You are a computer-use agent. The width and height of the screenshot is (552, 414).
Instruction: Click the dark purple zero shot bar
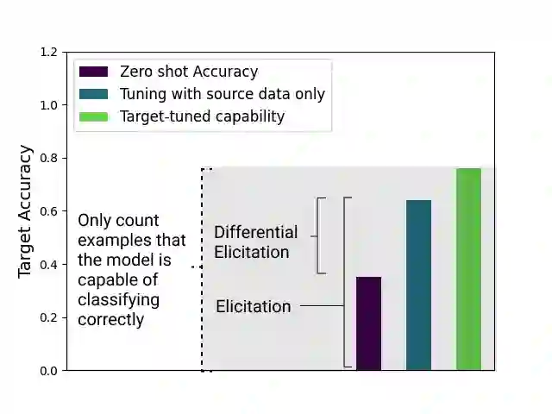click(x=368, y=323)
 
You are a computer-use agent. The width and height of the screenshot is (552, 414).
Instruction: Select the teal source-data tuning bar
click(x=418, y=285)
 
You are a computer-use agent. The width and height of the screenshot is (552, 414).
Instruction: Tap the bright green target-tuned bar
click(x=468, y=269)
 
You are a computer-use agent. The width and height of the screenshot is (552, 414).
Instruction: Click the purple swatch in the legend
click(x=93, y=72)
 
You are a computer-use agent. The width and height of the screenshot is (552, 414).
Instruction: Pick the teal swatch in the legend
click(x=93, y=94)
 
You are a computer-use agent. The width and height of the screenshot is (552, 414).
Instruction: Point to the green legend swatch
click(x=93, y=116)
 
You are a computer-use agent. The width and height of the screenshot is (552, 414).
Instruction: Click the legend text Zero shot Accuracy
click(x=189, y=72)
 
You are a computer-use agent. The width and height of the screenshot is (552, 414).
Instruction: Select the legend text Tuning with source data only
click(x=223, y=94)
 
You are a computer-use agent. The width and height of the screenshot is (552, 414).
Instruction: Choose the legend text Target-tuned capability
click(x=202, y=116)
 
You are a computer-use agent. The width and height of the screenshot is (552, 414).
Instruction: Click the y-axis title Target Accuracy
click(x=25, y=211)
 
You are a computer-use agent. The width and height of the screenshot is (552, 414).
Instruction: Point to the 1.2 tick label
click(x=48, y=53)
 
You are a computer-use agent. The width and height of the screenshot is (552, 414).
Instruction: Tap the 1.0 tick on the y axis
click(x=48, y=105)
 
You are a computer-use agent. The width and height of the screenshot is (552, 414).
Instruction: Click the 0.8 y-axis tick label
click(x=48, y=159)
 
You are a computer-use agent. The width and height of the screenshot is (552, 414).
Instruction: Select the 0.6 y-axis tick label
click(x=48, y=211)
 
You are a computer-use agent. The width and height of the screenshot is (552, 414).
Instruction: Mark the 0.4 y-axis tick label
click(x=48, y=265)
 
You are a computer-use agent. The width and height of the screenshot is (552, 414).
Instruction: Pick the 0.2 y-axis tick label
click(x=48, y=317)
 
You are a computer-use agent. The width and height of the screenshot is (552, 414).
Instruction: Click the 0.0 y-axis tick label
click(x=48, y=371)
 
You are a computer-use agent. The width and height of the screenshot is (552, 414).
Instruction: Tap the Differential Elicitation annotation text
click(x=255, y=242)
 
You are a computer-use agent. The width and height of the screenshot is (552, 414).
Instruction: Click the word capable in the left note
click(x=106, y=280)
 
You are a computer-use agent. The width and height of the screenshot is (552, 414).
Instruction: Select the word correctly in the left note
click(x=110, y=320)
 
